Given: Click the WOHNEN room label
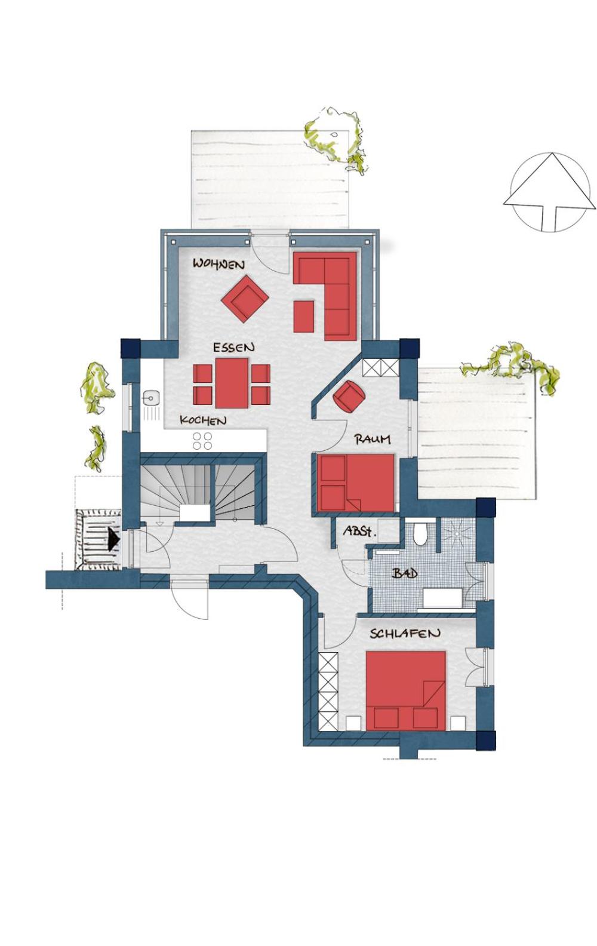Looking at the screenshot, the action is (219, 265).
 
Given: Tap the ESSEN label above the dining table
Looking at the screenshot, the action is (233, 348).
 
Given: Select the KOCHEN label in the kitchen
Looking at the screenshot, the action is (203, 420).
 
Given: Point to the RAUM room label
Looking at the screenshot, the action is (373, 439).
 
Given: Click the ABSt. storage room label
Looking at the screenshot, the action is (359, 531).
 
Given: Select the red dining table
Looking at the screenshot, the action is (232, 383).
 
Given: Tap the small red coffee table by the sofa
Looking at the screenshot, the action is (304, 317).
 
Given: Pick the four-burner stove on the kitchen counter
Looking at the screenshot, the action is (202, 441).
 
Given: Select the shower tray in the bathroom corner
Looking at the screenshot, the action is (458, 536).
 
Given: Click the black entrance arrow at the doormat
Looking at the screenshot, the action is (113, 539).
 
